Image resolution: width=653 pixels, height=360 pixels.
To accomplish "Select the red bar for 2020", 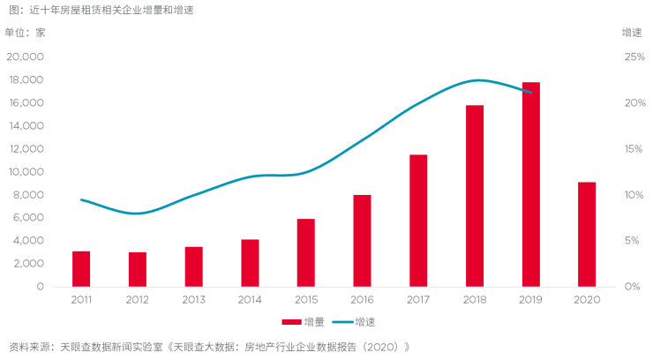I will click(587, 234).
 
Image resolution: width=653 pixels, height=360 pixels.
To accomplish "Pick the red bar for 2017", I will click(418, 221).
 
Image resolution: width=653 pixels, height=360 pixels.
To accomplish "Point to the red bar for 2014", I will click(250, 263).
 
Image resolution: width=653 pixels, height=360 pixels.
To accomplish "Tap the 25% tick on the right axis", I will click(634, 57).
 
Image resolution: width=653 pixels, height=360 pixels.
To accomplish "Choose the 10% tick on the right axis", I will click(634, 195).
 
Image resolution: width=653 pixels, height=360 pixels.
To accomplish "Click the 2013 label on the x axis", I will click(193, 299).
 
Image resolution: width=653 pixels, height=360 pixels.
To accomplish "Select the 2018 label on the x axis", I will click(475, 299).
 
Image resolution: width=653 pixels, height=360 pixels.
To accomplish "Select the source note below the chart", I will click(208, 345).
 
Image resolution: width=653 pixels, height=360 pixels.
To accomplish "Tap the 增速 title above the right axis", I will click(632, 33).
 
